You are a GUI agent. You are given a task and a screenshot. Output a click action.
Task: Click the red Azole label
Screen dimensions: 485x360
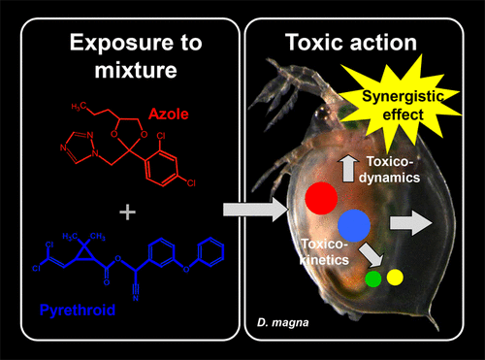(x=169, y=114)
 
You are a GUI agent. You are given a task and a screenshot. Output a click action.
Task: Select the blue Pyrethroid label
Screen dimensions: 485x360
(x=78, y=310)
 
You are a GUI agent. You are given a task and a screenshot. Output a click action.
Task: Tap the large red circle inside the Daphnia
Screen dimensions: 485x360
(x=321, y=198)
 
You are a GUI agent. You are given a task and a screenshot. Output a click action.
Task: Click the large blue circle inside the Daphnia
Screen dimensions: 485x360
(x=354, y=225)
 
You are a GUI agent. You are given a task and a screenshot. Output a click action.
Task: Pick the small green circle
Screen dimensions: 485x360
(x=373, y=278)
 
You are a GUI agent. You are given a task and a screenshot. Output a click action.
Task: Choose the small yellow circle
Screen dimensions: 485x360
(x=395, y=278)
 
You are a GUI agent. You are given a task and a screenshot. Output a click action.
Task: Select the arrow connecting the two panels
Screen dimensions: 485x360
(x=256, y=210)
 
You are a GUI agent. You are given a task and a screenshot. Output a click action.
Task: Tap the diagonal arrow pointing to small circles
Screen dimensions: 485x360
(x=372, y=254)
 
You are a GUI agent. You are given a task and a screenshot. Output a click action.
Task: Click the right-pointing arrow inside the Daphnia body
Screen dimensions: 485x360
(x=411, y=223)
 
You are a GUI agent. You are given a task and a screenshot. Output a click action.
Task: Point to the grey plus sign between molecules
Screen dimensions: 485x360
(x=128, y=213)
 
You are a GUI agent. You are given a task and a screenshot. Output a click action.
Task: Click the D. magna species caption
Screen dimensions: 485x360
(x=283, y=322)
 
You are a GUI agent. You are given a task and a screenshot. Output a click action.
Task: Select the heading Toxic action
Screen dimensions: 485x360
(x=351, y=43)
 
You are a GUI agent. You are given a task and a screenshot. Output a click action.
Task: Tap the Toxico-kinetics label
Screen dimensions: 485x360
(x=324, y=251)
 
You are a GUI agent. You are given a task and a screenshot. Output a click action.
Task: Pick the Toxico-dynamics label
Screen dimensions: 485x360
(x=390, y=169)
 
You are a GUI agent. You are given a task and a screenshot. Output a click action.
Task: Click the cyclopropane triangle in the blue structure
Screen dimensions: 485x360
(x=84, y=254)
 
